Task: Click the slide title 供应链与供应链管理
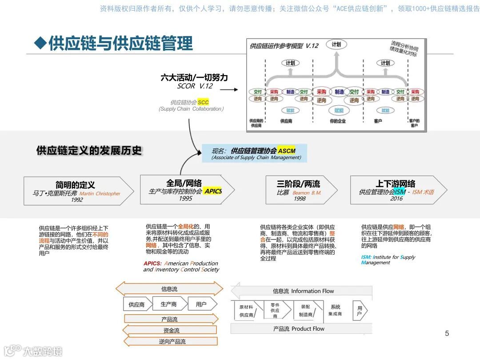point(120,44)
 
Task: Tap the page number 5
point(447,333)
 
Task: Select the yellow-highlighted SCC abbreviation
point(203,102)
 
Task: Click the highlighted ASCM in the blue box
point(287,151)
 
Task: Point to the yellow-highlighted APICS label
point(213,191)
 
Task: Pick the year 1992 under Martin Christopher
point(77,200)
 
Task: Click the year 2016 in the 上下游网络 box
point(396,198)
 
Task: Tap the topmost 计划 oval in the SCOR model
point(336,44)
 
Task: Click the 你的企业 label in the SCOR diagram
point(338,121)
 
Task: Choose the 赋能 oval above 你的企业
point(339,110)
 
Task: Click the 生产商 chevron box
point(169,304)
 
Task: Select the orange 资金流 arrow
point(171,330)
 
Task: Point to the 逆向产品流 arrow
point(172,341)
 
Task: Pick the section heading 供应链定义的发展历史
point(89,151)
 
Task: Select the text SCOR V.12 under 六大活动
point(195,86)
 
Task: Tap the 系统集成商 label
point(335,310)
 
